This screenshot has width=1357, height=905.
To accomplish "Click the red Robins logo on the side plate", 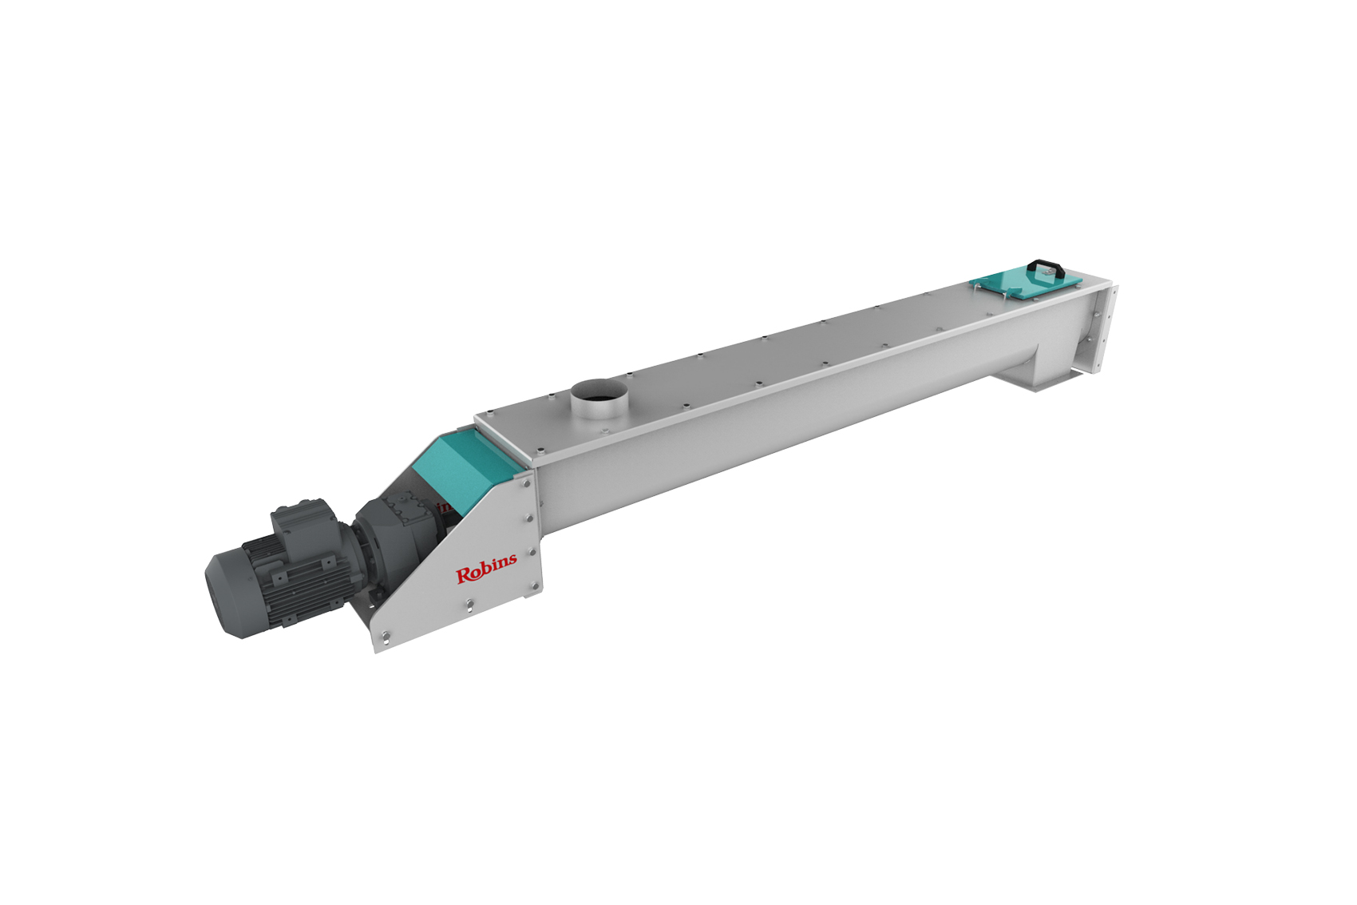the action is [x=486, y=567].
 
